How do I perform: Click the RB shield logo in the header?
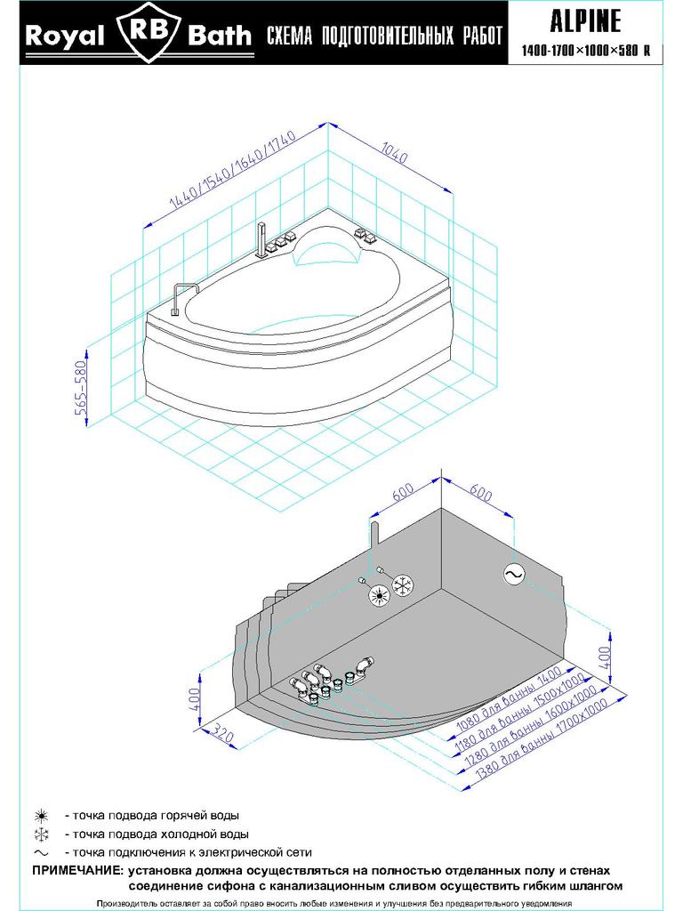(148, 35)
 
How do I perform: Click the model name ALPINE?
(585, 20)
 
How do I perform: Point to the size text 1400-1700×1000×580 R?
(585, 51)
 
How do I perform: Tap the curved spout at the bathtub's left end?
(181, 296)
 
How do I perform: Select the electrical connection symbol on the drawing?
(513, 576)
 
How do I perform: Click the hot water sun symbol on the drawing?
(380, 593)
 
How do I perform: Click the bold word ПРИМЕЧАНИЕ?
(77, 870)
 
